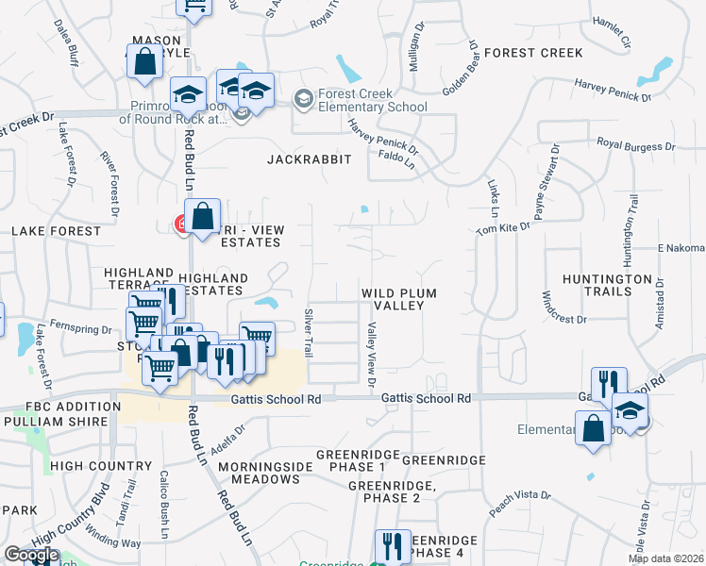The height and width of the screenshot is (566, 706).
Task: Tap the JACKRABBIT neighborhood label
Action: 309,159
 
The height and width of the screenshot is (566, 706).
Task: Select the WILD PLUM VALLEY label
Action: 399,300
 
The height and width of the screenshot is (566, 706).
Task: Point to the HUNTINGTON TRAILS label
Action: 607,285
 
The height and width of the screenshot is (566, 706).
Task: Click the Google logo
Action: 30,556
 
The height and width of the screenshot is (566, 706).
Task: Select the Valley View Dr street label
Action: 371,353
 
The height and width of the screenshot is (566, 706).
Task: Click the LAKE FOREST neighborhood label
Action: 56,230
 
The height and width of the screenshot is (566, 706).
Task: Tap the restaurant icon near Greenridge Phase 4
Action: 392,545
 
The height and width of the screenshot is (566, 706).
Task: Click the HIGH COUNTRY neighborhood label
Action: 94,465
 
